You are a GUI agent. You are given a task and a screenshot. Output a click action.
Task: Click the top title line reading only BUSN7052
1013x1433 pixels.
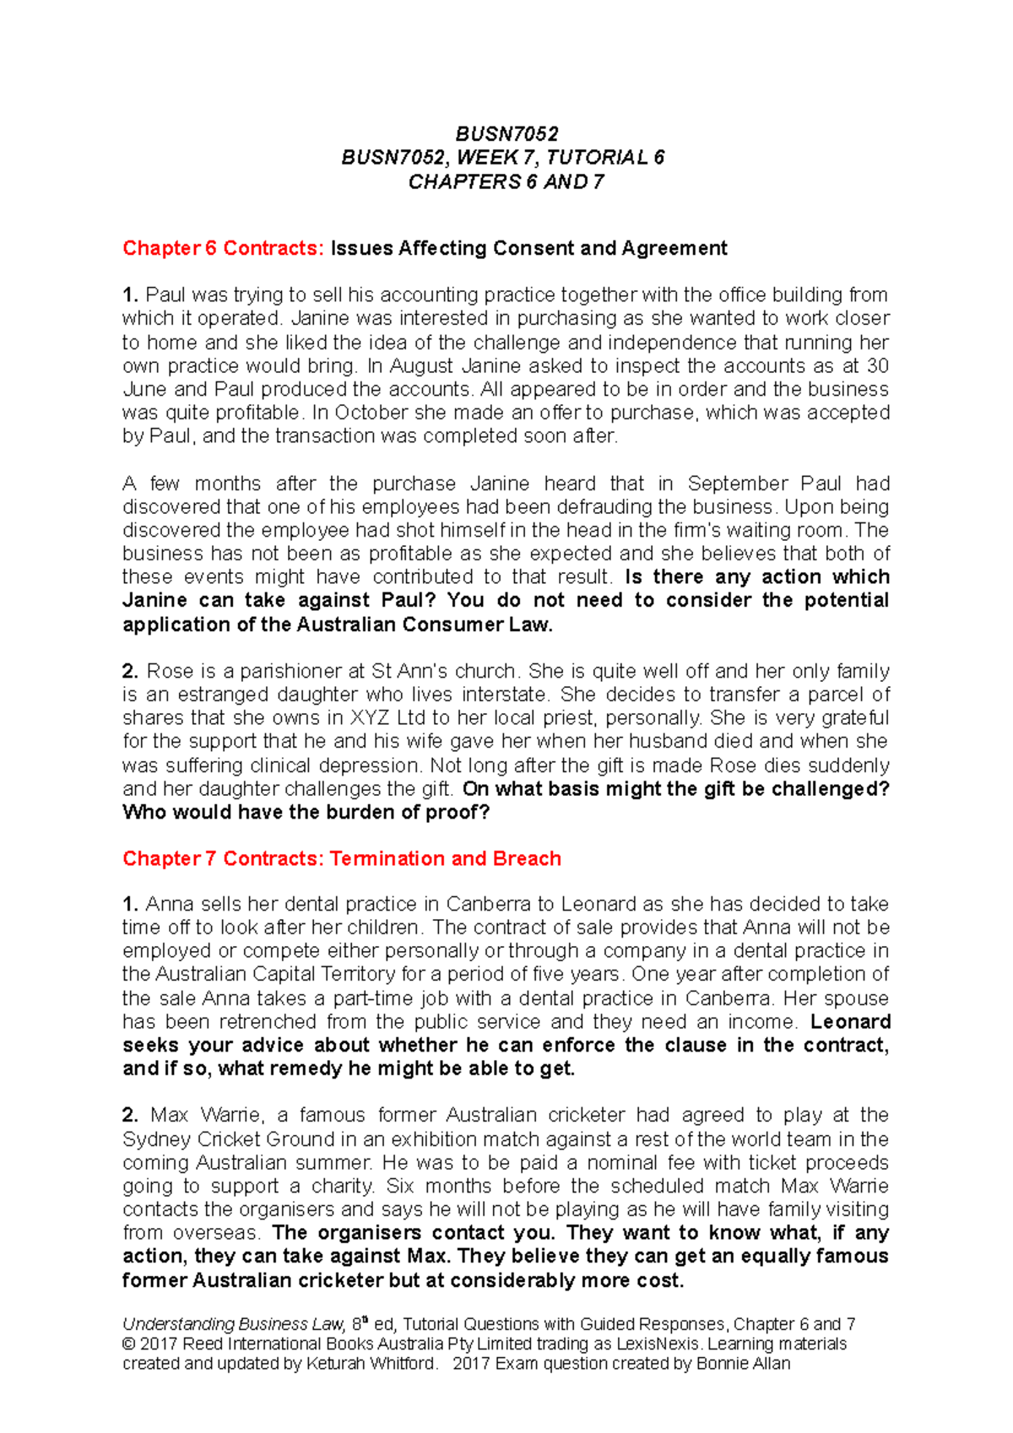tap(506, 133)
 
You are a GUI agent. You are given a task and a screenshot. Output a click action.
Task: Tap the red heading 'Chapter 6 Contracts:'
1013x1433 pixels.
tap(223, 248)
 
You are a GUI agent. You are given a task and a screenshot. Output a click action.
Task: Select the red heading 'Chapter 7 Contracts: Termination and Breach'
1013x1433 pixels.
tap(342, 858)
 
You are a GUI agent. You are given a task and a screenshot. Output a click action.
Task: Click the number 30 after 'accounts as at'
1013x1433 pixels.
tap(878, 366)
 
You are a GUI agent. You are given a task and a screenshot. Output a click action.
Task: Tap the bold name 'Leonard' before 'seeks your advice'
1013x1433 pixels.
tap(850, 1022)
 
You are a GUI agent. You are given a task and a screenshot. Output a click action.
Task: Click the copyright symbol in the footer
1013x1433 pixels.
tap(129, 1344)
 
